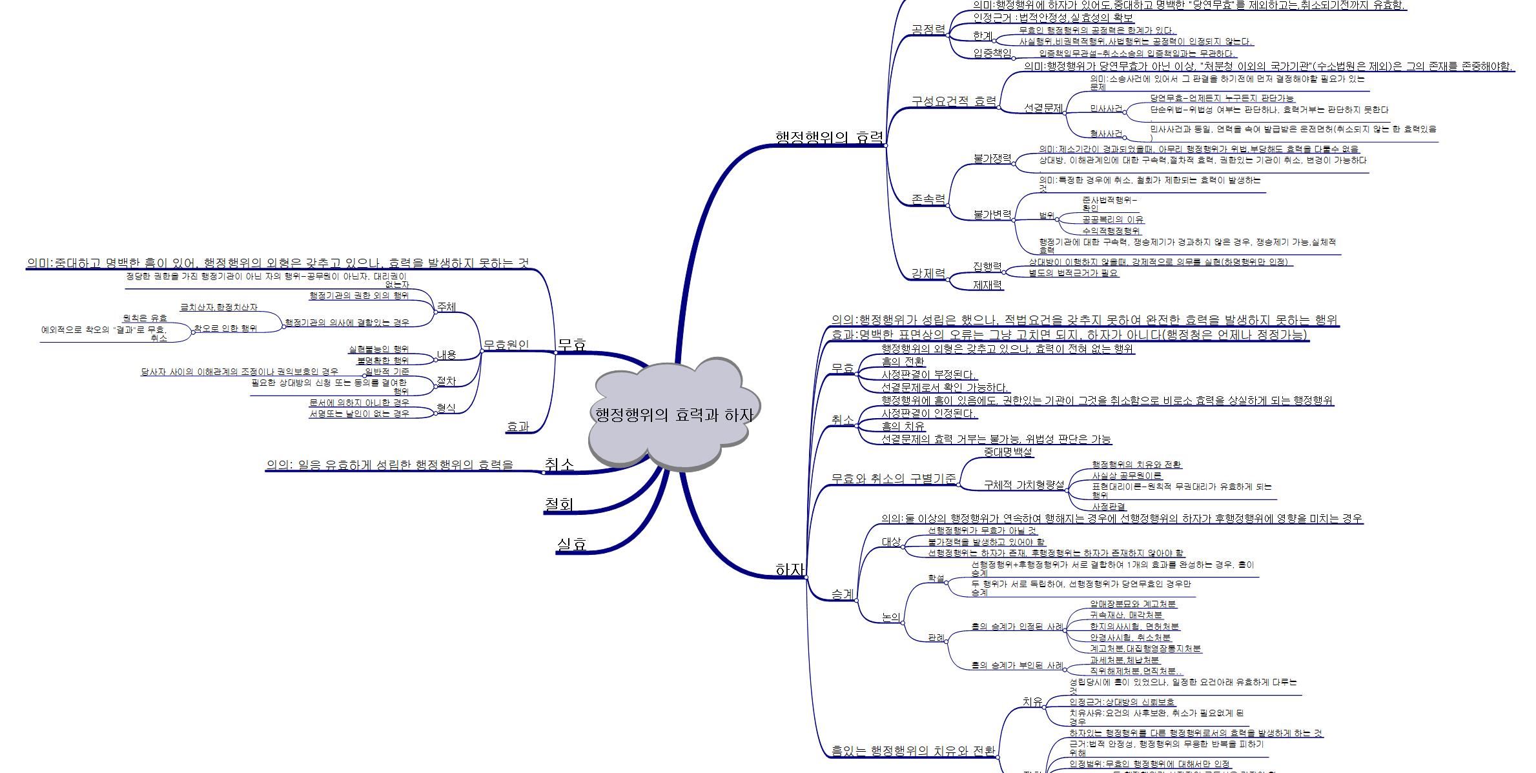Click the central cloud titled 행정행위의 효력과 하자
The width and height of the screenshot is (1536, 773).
pyautogui.click(x=673, y=415)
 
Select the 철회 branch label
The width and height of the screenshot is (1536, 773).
pyautogui.click(x=558, y=504)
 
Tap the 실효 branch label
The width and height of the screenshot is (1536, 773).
pyautogui.click(x=571, y=544)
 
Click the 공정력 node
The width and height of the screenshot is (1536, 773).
pyautogui.click(x=928, y=30)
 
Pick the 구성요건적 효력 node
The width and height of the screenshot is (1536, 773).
pyautogui.click(x=953, y=101)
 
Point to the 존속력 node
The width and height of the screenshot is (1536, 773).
pyautogui.click(x=928, y=199)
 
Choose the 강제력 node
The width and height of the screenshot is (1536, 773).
pyautogui.click(x=928, y=274)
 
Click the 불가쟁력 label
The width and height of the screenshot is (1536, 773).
pyautogui.click(x=992, y=159)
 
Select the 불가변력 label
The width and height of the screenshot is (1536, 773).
pyautogui.click(x=992, y=214)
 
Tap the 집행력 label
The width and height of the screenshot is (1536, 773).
pyautogui.click(x=987, y=266)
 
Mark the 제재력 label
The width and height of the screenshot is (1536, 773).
pyautogui.click(x=987, y=284)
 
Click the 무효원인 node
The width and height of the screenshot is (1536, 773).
pyautogui.click(x=506, y=345)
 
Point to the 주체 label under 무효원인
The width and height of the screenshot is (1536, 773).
pyautogui.click(x=446, y=306)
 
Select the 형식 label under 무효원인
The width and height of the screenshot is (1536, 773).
pyautogui.click(x=445, y=408)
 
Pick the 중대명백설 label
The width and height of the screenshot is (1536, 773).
pyautogui.click(x=1008, y=452)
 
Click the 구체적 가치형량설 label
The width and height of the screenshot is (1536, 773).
pyautogui.click(x=1023, y=485)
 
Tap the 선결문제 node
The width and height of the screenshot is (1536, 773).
pyautogui.click(x=1043, y=108)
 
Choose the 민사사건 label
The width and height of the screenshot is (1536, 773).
pyautogui.click(x=1106, y=108)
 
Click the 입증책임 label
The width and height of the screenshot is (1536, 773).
pyautogui.click(x=992, y=53)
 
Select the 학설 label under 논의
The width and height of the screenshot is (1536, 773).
pyautogui.click(x=936, y=578)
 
